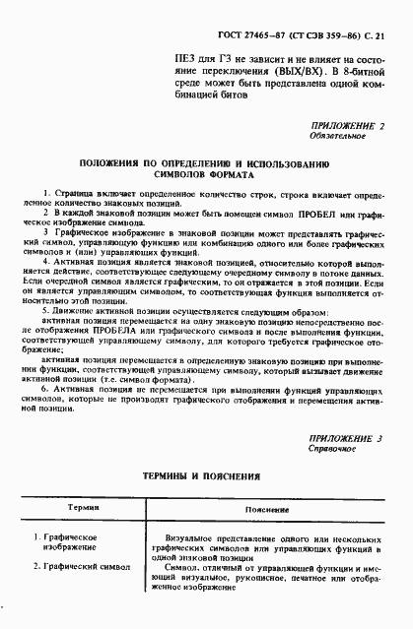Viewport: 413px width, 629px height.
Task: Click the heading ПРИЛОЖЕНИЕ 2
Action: click(340, 125)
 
